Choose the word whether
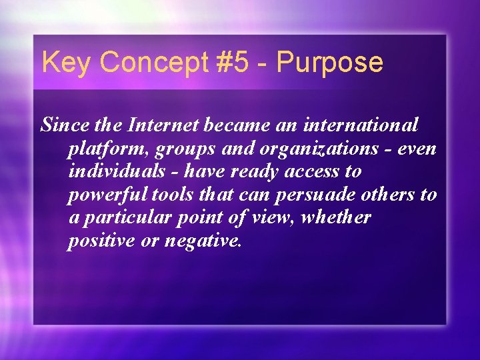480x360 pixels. point(337,217)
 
